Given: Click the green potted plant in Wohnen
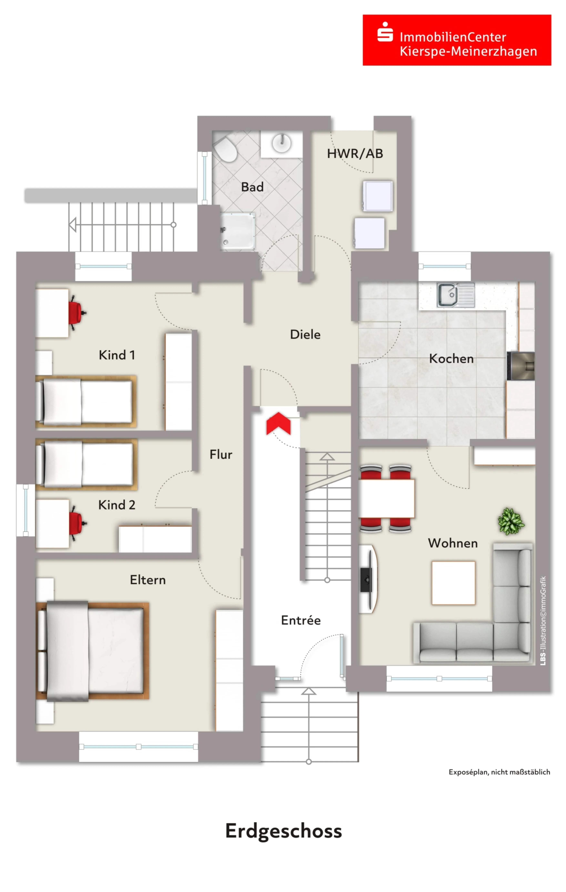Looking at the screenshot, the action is click(x=511, y=521).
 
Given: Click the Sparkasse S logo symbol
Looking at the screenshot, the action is click(x=385, y=32).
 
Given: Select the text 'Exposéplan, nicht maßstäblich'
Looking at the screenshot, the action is click(x=499, y=772).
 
